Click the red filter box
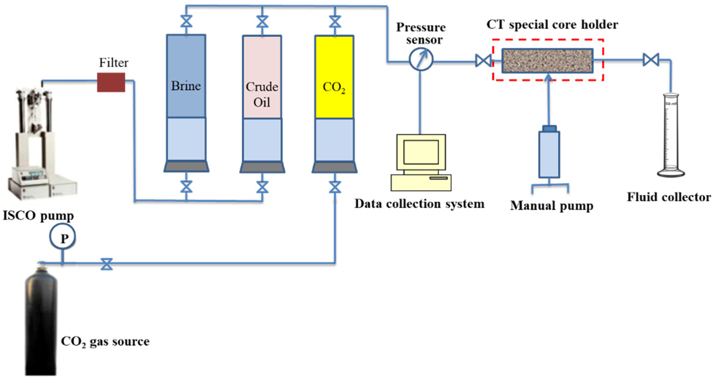111,82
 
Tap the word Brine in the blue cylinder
186,86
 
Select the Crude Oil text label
262,94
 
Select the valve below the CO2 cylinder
335,187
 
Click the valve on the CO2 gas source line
107,264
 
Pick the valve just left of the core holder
483,61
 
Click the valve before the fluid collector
651,59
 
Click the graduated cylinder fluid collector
671,136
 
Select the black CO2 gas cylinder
41,324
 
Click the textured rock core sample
547,61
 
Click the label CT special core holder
552,25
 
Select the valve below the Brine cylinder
186,187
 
